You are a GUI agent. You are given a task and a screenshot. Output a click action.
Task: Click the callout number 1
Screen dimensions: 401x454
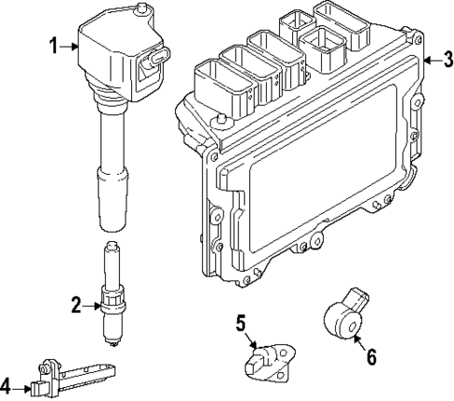point(52,45)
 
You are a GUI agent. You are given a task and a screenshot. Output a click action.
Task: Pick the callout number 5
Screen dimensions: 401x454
point(241,324)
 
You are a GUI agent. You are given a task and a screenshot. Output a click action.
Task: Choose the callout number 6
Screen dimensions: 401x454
point(372,357)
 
